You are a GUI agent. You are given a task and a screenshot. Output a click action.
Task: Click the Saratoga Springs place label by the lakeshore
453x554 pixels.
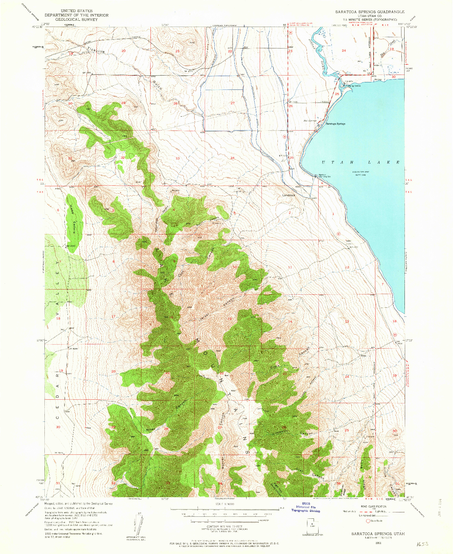[335, 124]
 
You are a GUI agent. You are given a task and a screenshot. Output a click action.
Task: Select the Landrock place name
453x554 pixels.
[288, 195]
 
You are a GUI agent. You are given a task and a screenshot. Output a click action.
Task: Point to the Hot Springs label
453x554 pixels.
[310, 121]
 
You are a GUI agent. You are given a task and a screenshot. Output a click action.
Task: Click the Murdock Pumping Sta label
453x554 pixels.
[324, 176]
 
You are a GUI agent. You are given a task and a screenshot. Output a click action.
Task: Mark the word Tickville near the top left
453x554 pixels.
[96, 50]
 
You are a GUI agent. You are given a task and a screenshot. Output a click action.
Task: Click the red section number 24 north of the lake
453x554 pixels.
[344, 50]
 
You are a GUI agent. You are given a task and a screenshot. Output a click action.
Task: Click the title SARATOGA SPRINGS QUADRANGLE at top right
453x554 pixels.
[370, 12]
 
